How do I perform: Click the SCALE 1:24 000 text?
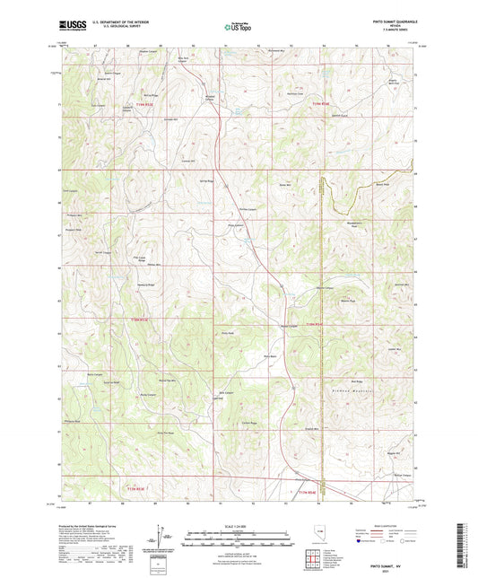point(238,525)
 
